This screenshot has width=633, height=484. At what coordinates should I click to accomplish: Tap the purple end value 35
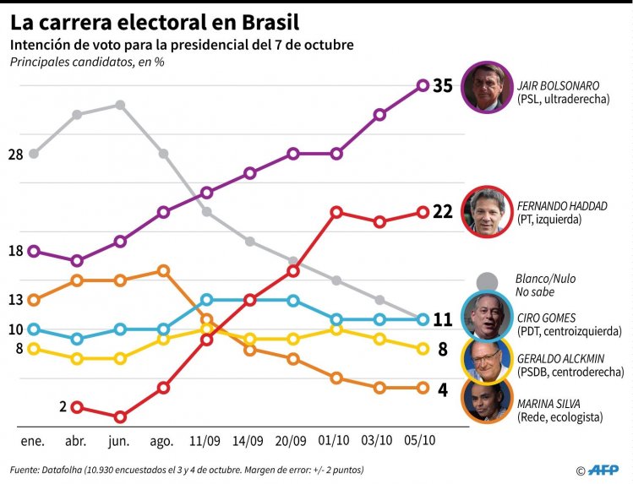pyautogui.click(x=443, y=85)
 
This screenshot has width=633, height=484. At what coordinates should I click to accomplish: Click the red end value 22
pyautogui.click(x=443, y=212)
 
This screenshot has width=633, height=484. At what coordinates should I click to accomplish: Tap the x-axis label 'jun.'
pyautogui.click(x=119, y=441)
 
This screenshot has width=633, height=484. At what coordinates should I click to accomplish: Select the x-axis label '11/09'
pyautogui.click(x=205, y=441)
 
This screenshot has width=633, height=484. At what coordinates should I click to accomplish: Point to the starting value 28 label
pyautogui.click(x=15, y=155)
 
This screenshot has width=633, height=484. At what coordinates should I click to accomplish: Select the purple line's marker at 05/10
pyautogui.click(x=423, y=85)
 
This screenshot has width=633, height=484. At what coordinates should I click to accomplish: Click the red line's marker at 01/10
pyautogui.click(x=336, y=212)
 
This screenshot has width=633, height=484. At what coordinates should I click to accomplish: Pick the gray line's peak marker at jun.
pyautogui.click(x=120, y=105)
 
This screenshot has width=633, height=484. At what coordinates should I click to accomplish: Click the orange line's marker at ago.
pyautogui.click(x=163, y=270)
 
